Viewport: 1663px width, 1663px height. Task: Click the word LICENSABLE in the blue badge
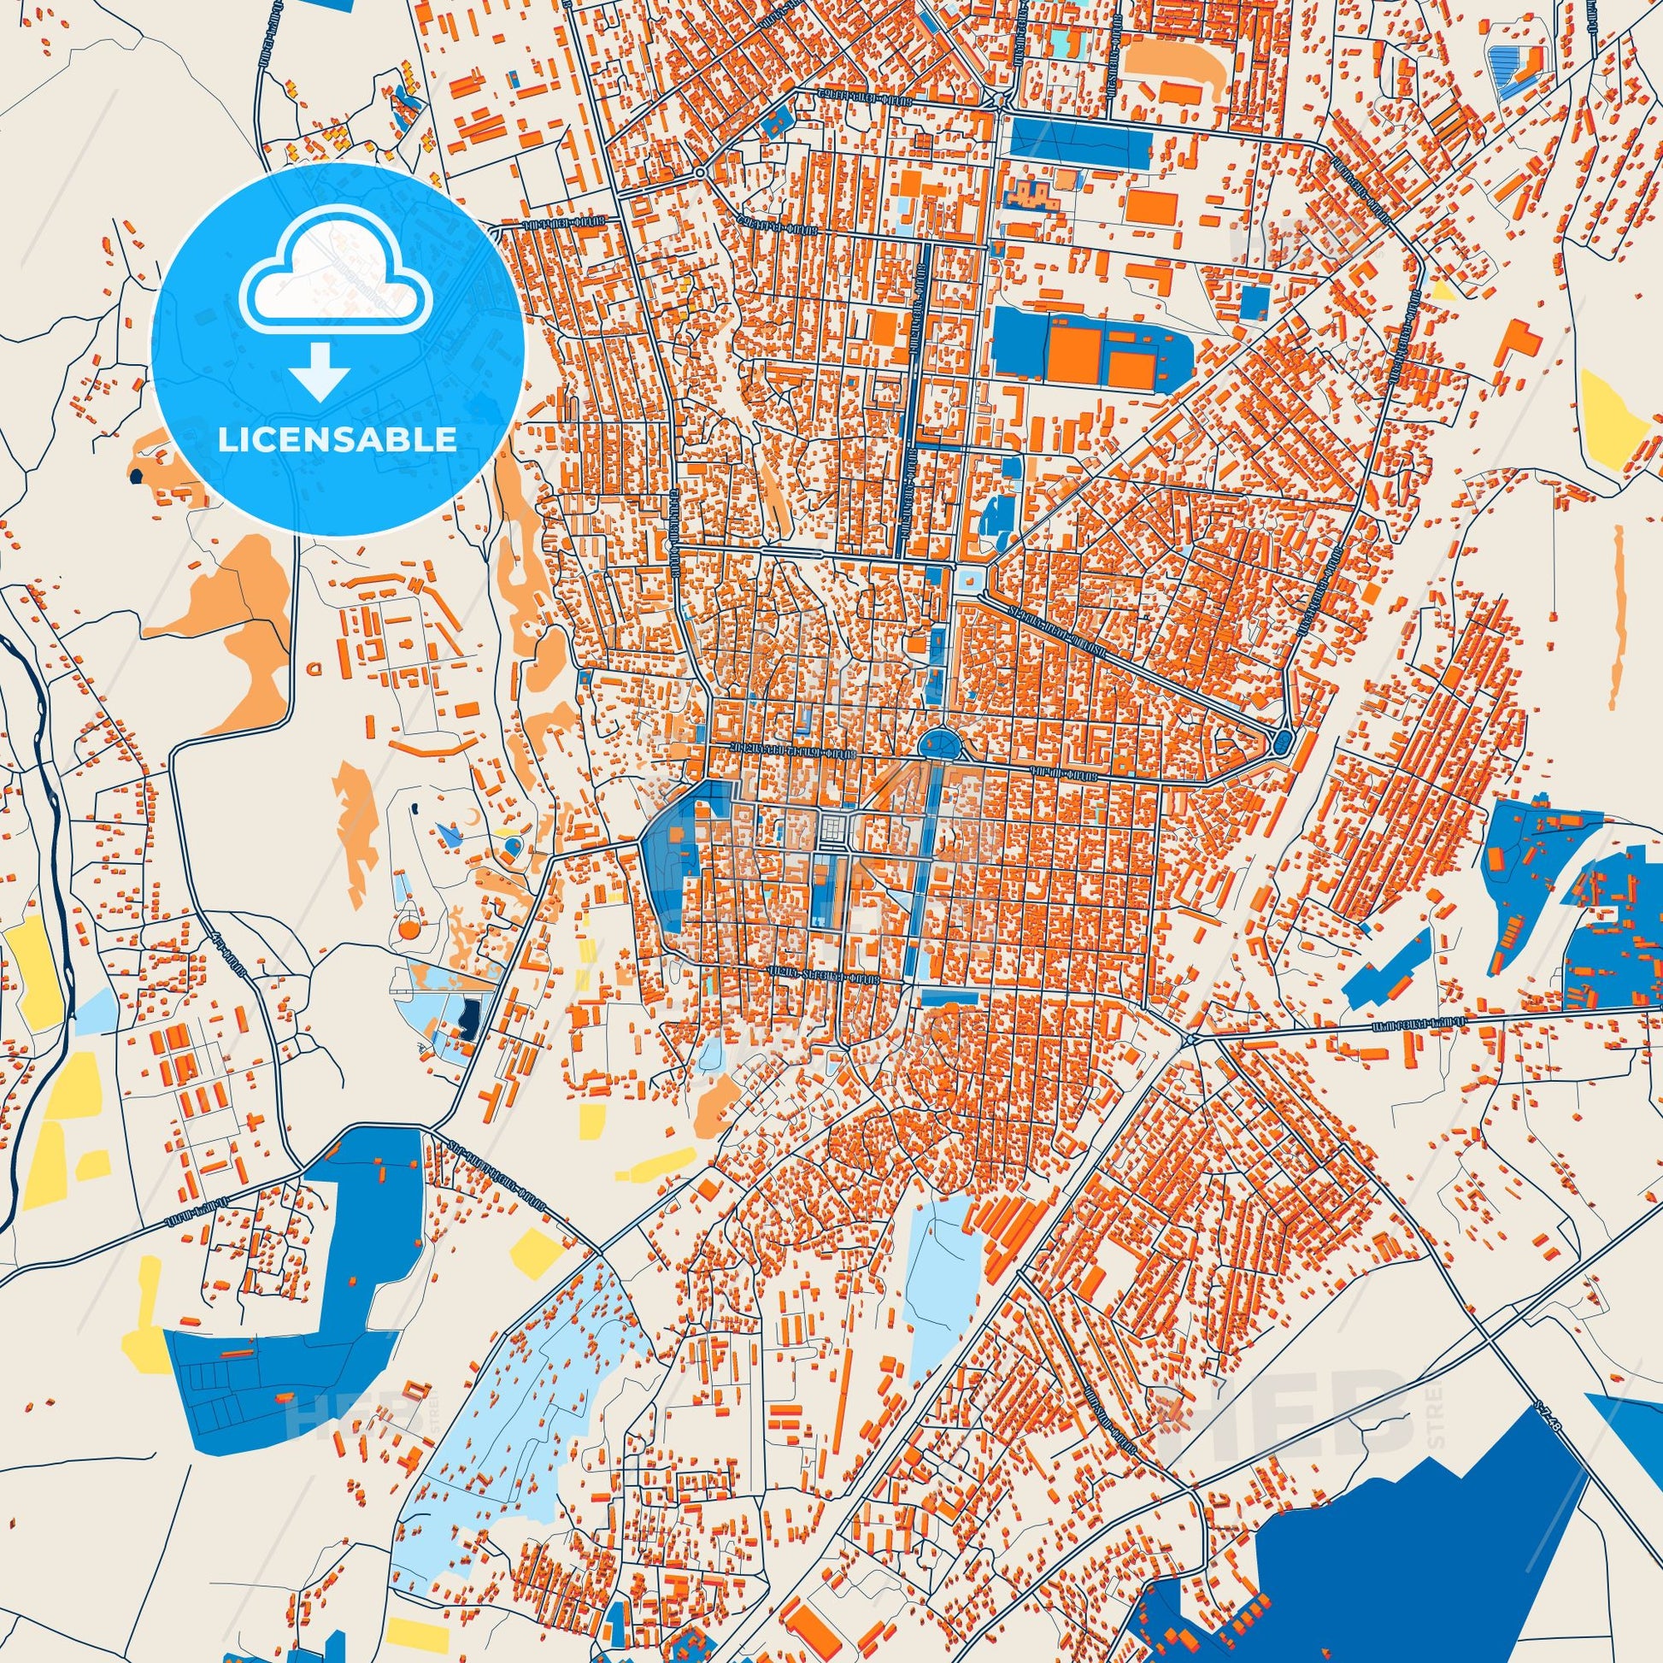pos(338,439)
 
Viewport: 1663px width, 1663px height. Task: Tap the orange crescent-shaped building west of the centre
pos(469,815)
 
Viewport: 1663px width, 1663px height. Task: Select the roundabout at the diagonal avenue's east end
pos(1284,740)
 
